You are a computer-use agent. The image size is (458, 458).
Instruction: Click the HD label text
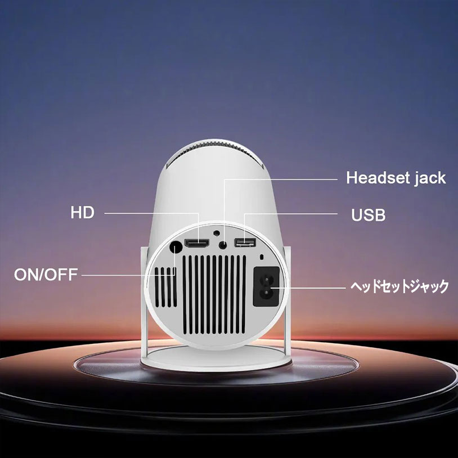[82, 213]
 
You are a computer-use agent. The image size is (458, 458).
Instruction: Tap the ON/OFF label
[46, 275]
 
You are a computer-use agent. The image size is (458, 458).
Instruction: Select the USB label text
[368, 215]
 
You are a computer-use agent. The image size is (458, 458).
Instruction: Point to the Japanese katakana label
[399, 286]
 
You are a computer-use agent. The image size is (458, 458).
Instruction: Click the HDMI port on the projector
[197, 244]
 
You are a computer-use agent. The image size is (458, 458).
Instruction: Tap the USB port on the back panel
[245, 242]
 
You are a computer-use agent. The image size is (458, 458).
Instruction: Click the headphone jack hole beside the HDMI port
[223, 245]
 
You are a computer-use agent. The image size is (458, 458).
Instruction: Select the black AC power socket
[266, 286]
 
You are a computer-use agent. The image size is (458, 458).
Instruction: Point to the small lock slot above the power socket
[262, 257]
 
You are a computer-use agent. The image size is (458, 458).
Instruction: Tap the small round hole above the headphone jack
[217, 233]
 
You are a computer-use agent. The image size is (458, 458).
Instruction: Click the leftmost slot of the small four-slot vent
[156, 287]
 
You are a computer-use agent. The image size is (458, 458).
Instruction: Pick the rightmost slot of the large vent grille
[244, 294]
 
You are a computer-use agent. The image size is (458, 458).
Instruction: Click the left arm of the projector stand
[144, 304]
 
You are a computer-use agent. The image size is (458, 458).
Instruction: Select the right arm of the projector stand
[287, 301]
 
